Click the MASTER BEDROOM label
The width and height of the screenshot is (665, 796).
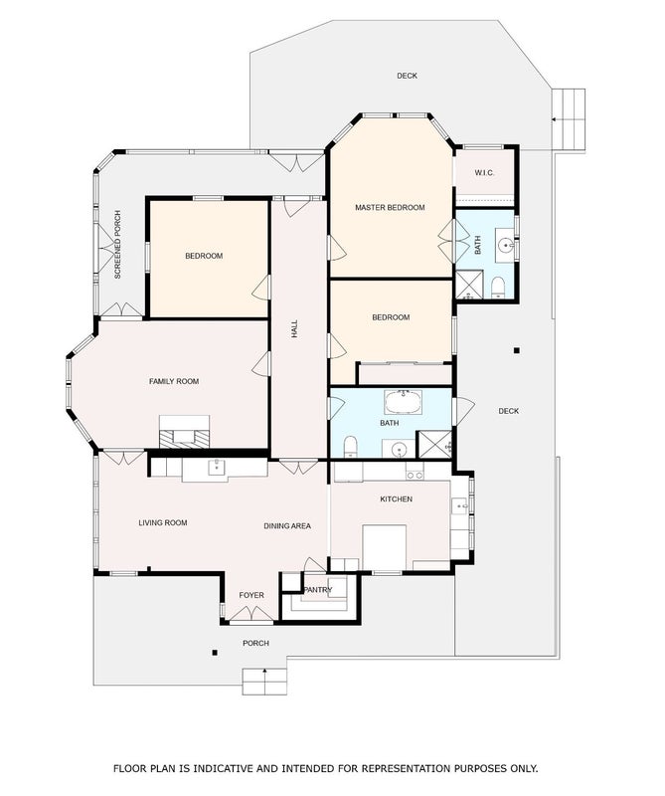point(390,207)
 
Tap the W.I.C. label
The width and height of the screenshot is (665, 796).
point(484,172)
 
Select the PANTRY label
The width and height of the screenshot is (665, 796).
point(317,589)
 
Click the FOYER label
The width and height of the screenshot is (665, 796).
point(251,595)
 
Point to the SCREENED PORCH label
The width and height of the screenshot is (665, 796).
point(117,245)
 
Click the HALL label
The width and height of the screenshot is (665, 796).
point(294,329)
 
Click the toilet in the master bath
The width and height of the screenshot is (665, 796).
point(498,288)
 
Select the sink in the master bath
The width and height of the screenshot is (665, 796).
point(506,246)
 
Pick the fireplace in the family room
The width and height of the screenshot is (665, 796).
point(184,432)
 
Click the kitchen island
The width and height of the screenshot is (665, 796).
point(384,547)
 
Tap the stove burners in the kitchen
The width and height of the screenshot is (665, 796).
point(415,476)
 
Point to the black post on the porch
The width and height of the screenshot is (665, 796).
point(215,653)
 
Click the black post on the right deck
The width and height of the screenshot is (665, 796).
point(516,350)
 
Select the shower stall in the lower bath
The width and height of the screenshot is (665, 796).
point(433,444)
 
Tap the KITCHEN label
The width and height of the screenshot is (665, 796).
point(397,499)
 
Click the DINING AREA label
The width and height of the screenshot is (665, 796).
point(287,526)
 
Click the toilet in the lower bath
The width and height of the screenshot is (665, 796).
point(351,446)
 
